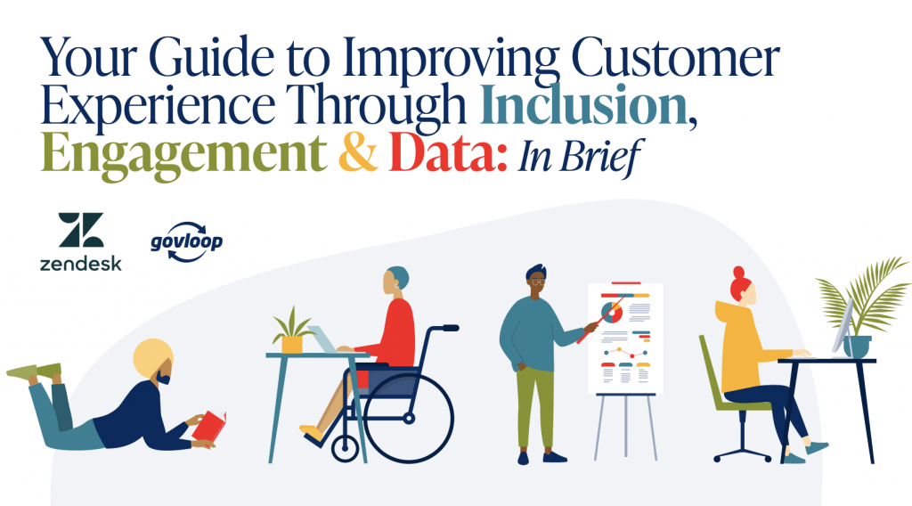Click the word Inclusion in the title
point(583,106)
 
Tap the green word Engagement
point(183,155)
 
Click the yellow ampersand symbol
point(358,153)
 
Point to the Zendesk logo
point(81,241)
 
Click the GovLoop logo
point(187,241)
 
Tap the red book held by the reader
point(208,427)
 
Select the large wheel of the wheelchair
point(408,418)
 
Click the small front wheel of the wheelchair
point(345,448)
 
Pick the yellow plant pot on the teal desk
point(292,345)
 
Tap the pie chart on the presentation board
point(611,313)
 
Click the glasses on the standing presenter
point(538,282)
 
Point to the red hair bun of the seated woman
point(738,273)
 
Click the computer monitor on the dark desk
point(843,326)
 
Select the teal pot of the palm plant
point(857,347)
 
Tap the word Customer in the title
point(675,58)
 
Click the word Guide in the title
point(211,58)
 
